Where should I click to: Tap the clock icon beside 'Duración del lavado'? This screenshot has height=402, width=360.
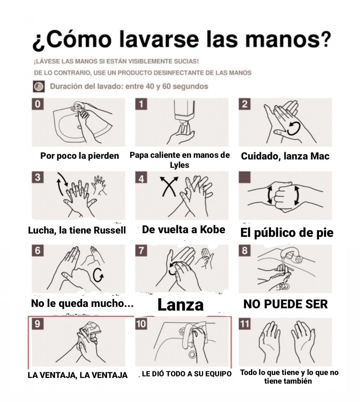click(39, 86)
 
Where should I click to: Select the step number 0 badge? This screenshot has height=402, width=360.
click(38, 104)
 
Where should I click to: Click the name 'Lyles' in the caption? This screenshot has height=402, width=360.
click(179, 165)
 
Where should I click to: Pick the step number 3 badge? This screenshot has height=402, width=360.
click(38, 177)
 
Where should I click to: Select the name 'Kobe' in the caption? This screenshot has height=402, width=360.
click(212, 229)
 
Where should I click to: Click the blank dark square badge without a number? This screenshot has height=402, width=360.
click(244, 177)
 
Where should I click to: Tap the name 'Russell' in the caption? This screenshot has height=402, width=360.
click(109, 230)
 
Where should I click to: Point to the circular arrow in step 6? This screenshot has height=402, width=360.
click(98, 275)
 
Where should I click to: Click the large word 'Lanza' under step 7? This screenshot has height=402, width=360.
click(180, 305)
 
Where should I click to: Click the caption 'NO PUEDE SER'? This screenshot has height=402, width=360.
click(286, 304)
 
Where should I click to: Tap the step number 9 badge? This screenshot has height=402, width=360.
click(38, 324)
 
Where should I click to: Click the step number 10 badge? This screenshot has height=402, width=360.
click(141, 324)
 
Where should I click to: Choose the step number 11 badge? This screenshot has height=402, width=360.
click(244, 324)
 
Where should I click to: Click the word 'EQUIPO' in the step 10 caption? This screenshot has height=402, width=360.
click(219, 374)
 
